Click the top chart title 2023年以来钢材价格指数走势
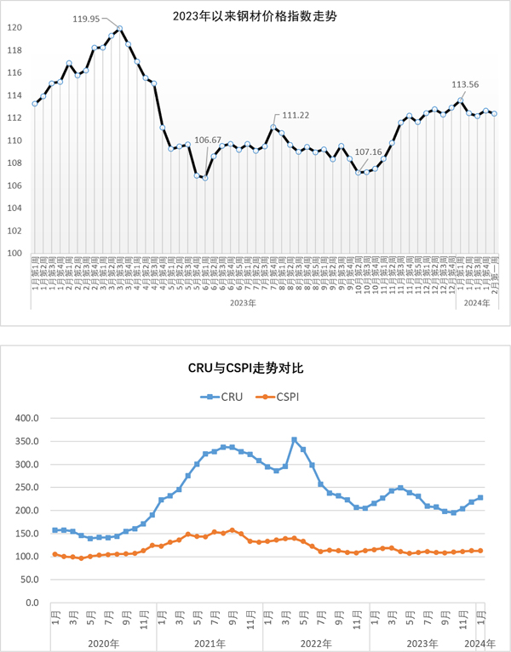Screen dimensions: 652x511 pos(255,14)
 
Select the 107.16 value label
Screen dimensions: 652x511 pos(368,152)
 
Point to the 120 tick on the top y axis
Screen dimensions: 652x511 pos(15,27)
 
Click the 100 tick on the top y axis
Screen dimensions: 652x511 pos(15,253)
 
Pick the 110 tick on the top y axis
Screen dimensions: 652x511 pos(15,140)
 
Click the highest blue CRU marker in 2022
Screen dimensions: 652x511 pos(294,440)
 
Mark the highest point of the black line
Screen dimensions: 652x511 pos(119,29)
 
